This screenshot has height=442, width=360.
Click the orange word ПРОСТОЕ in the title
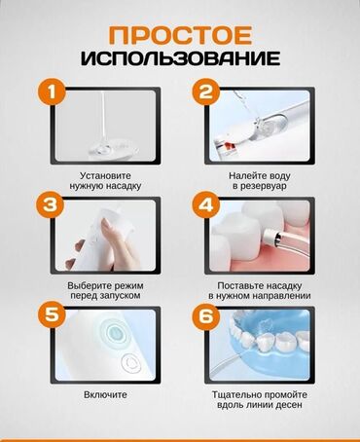[x=180, y=35]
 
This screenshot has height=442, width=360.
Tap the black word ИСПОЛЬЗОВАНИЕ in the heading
[x=180, y=58]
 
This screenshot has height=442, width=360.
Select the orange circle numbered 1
[x=52, y=92]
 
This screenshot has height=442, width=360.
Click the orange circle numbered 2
[x=206, y=92]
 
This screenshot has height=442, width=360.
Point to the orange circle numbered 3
[x=51, y=205]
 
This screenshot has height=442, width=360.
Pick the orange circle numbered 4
[x=206, y=205]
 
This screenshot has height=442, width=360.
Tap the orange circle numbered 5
[x=52, y=314]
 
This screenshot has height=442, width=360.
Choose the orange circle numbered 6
[x=206, y=315]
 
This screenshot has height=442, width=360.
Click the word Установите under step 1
[x=105, y=176]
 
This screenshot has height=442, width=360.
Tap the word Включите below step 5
[x=105, y=394]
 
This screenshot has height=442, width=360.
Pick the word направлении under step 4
[x=281, y=296]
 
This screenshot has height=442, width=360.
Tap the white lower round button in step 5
[x=131, y=363]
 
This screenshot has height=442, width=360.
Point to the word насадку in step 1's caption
[x=124, y=187]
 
